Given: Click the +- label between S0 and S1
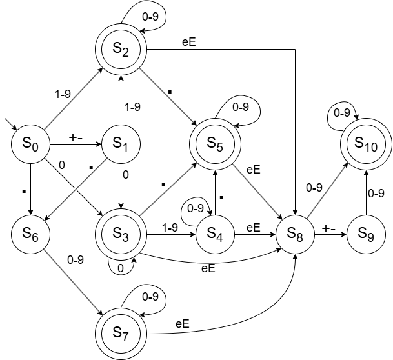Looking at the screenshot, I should coord(77,136).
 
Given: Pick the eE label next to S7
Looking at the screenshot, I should coord(182,325).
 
